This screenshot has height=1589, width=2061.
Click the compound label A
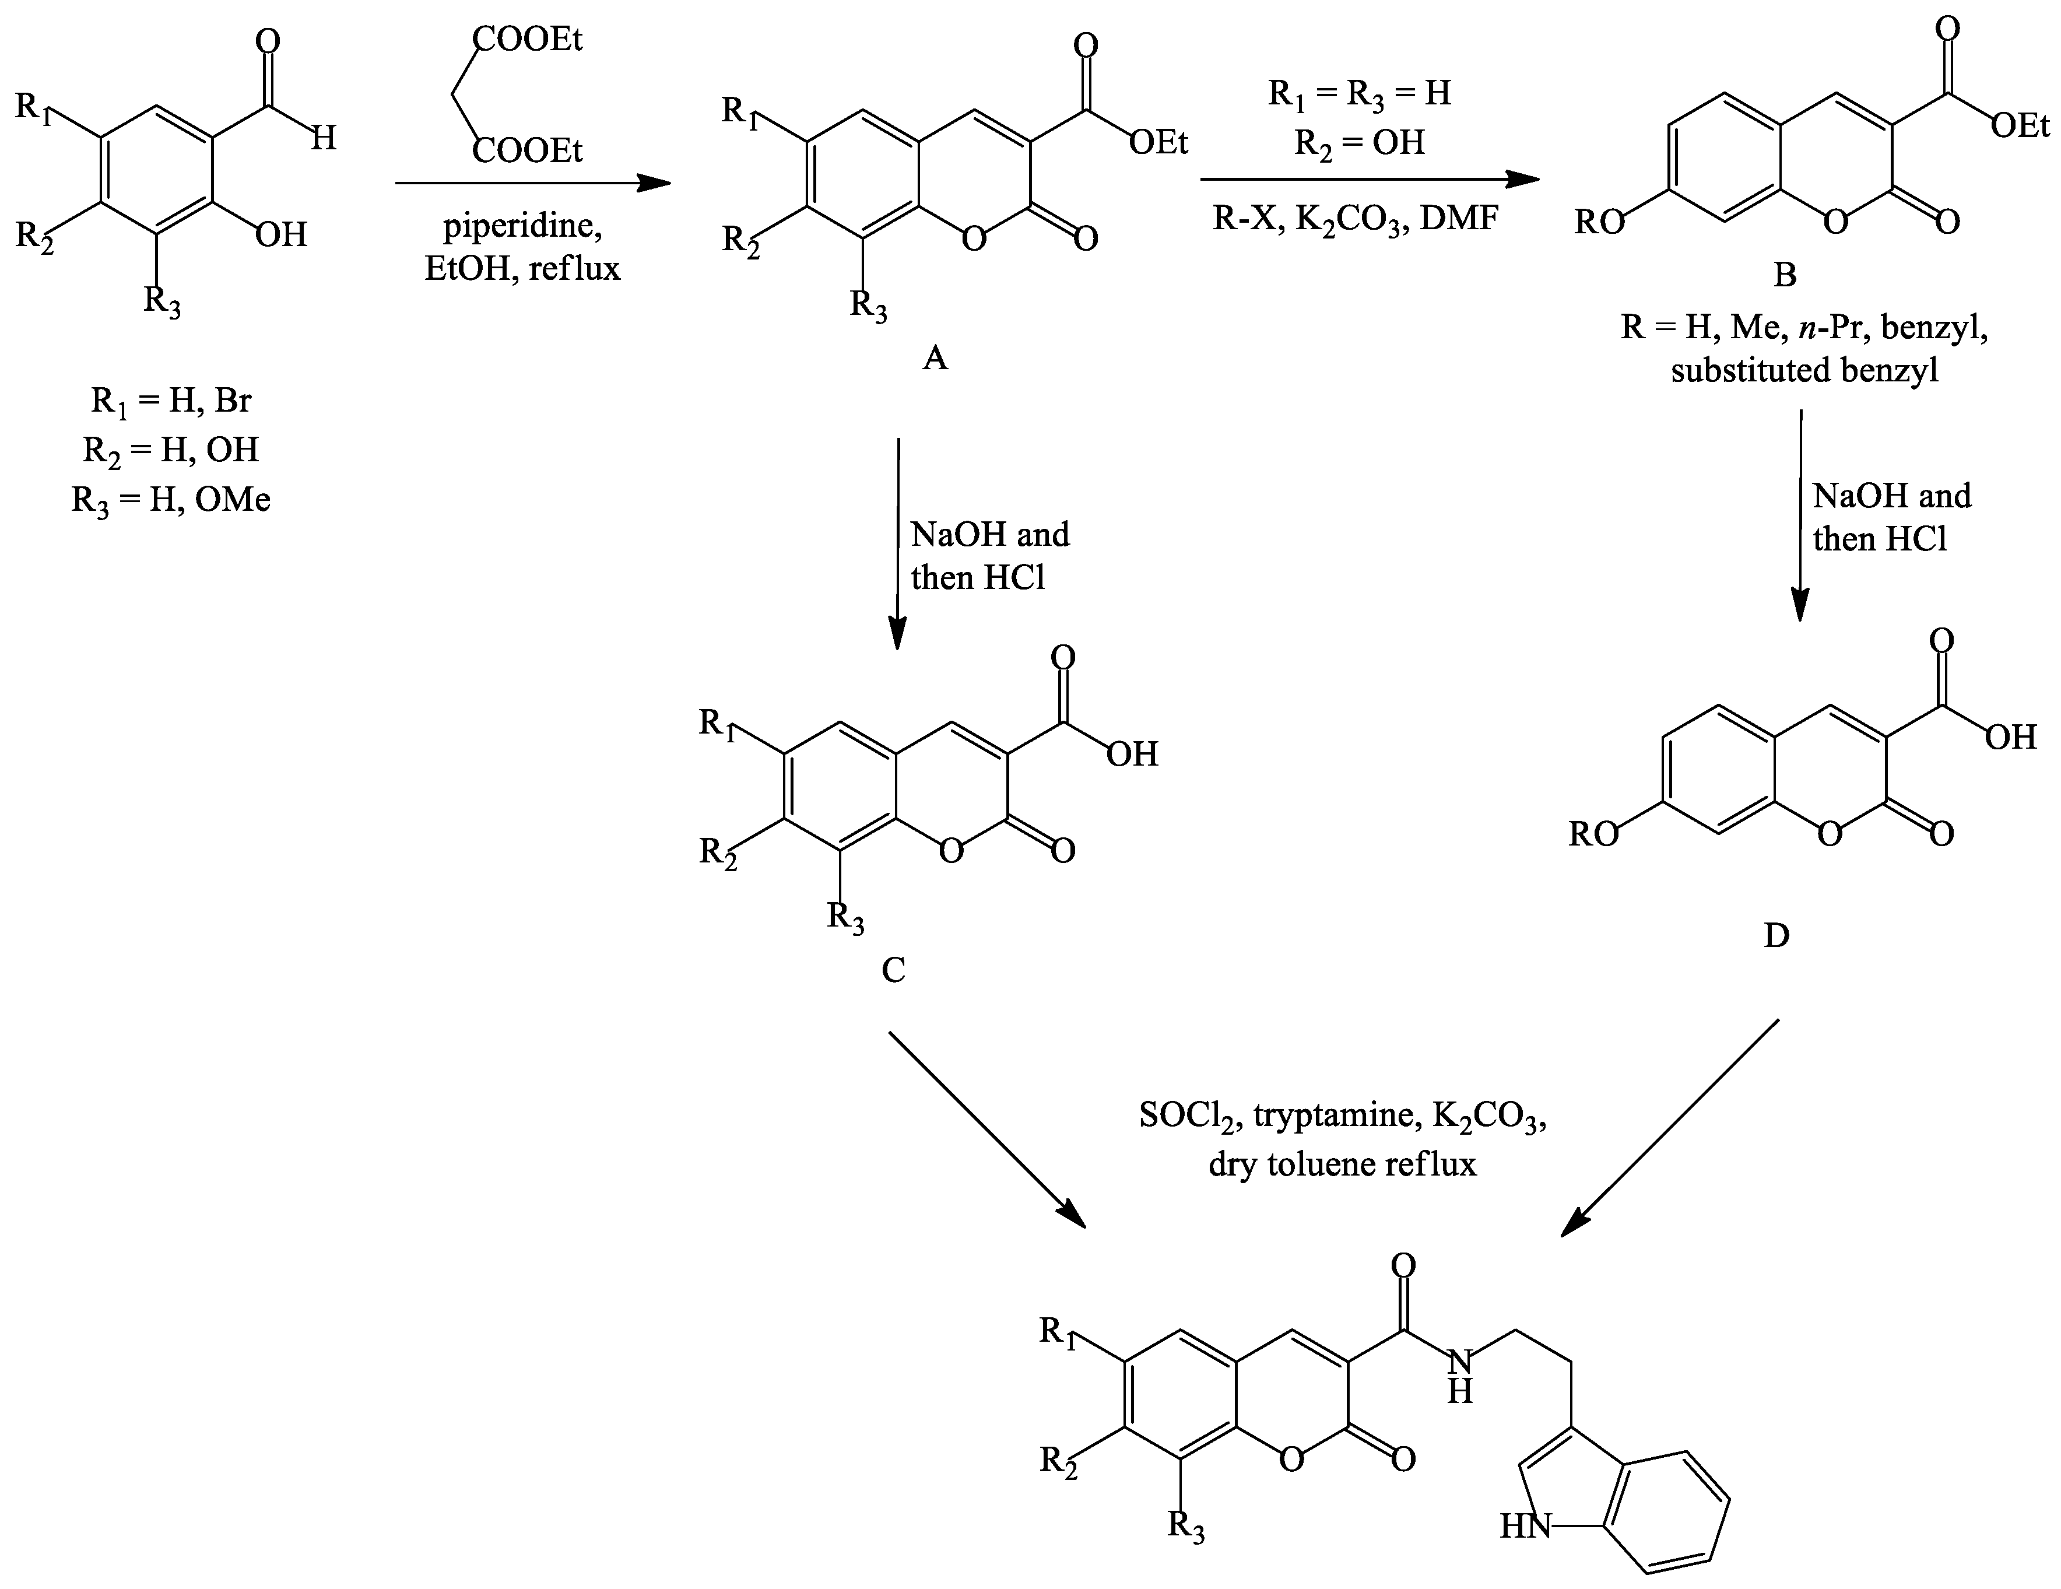coord(934,357)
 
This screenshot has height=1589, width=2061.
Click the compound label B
coord(1785,275)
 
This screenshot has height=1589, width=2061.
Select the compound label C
coord(893,969)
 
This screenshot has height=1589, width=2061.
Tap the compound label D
coord(1776,935)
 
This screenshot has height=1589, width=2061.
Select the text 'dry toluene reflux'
coord(1342,1164)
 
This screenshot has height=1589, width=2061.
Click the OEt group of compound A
coord(1159,142)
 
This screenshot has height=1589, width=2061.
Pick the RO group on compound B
coord(1600,223)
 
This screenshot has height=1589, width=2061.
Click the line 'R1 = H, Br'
coord(171,401)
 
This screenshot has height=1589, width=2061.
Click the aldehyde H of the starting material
coord(324,139)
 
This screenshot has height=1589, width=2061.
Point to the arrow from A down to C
coord(897,542)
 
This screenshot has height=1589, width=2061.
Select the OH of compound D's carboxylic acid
coord(2010,737)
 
